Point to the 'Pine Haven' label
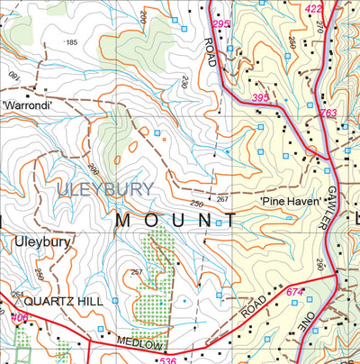291,202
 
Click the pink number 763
328,113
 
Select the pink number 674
293,292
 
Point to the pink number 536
166,359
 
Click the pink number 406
18,317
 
